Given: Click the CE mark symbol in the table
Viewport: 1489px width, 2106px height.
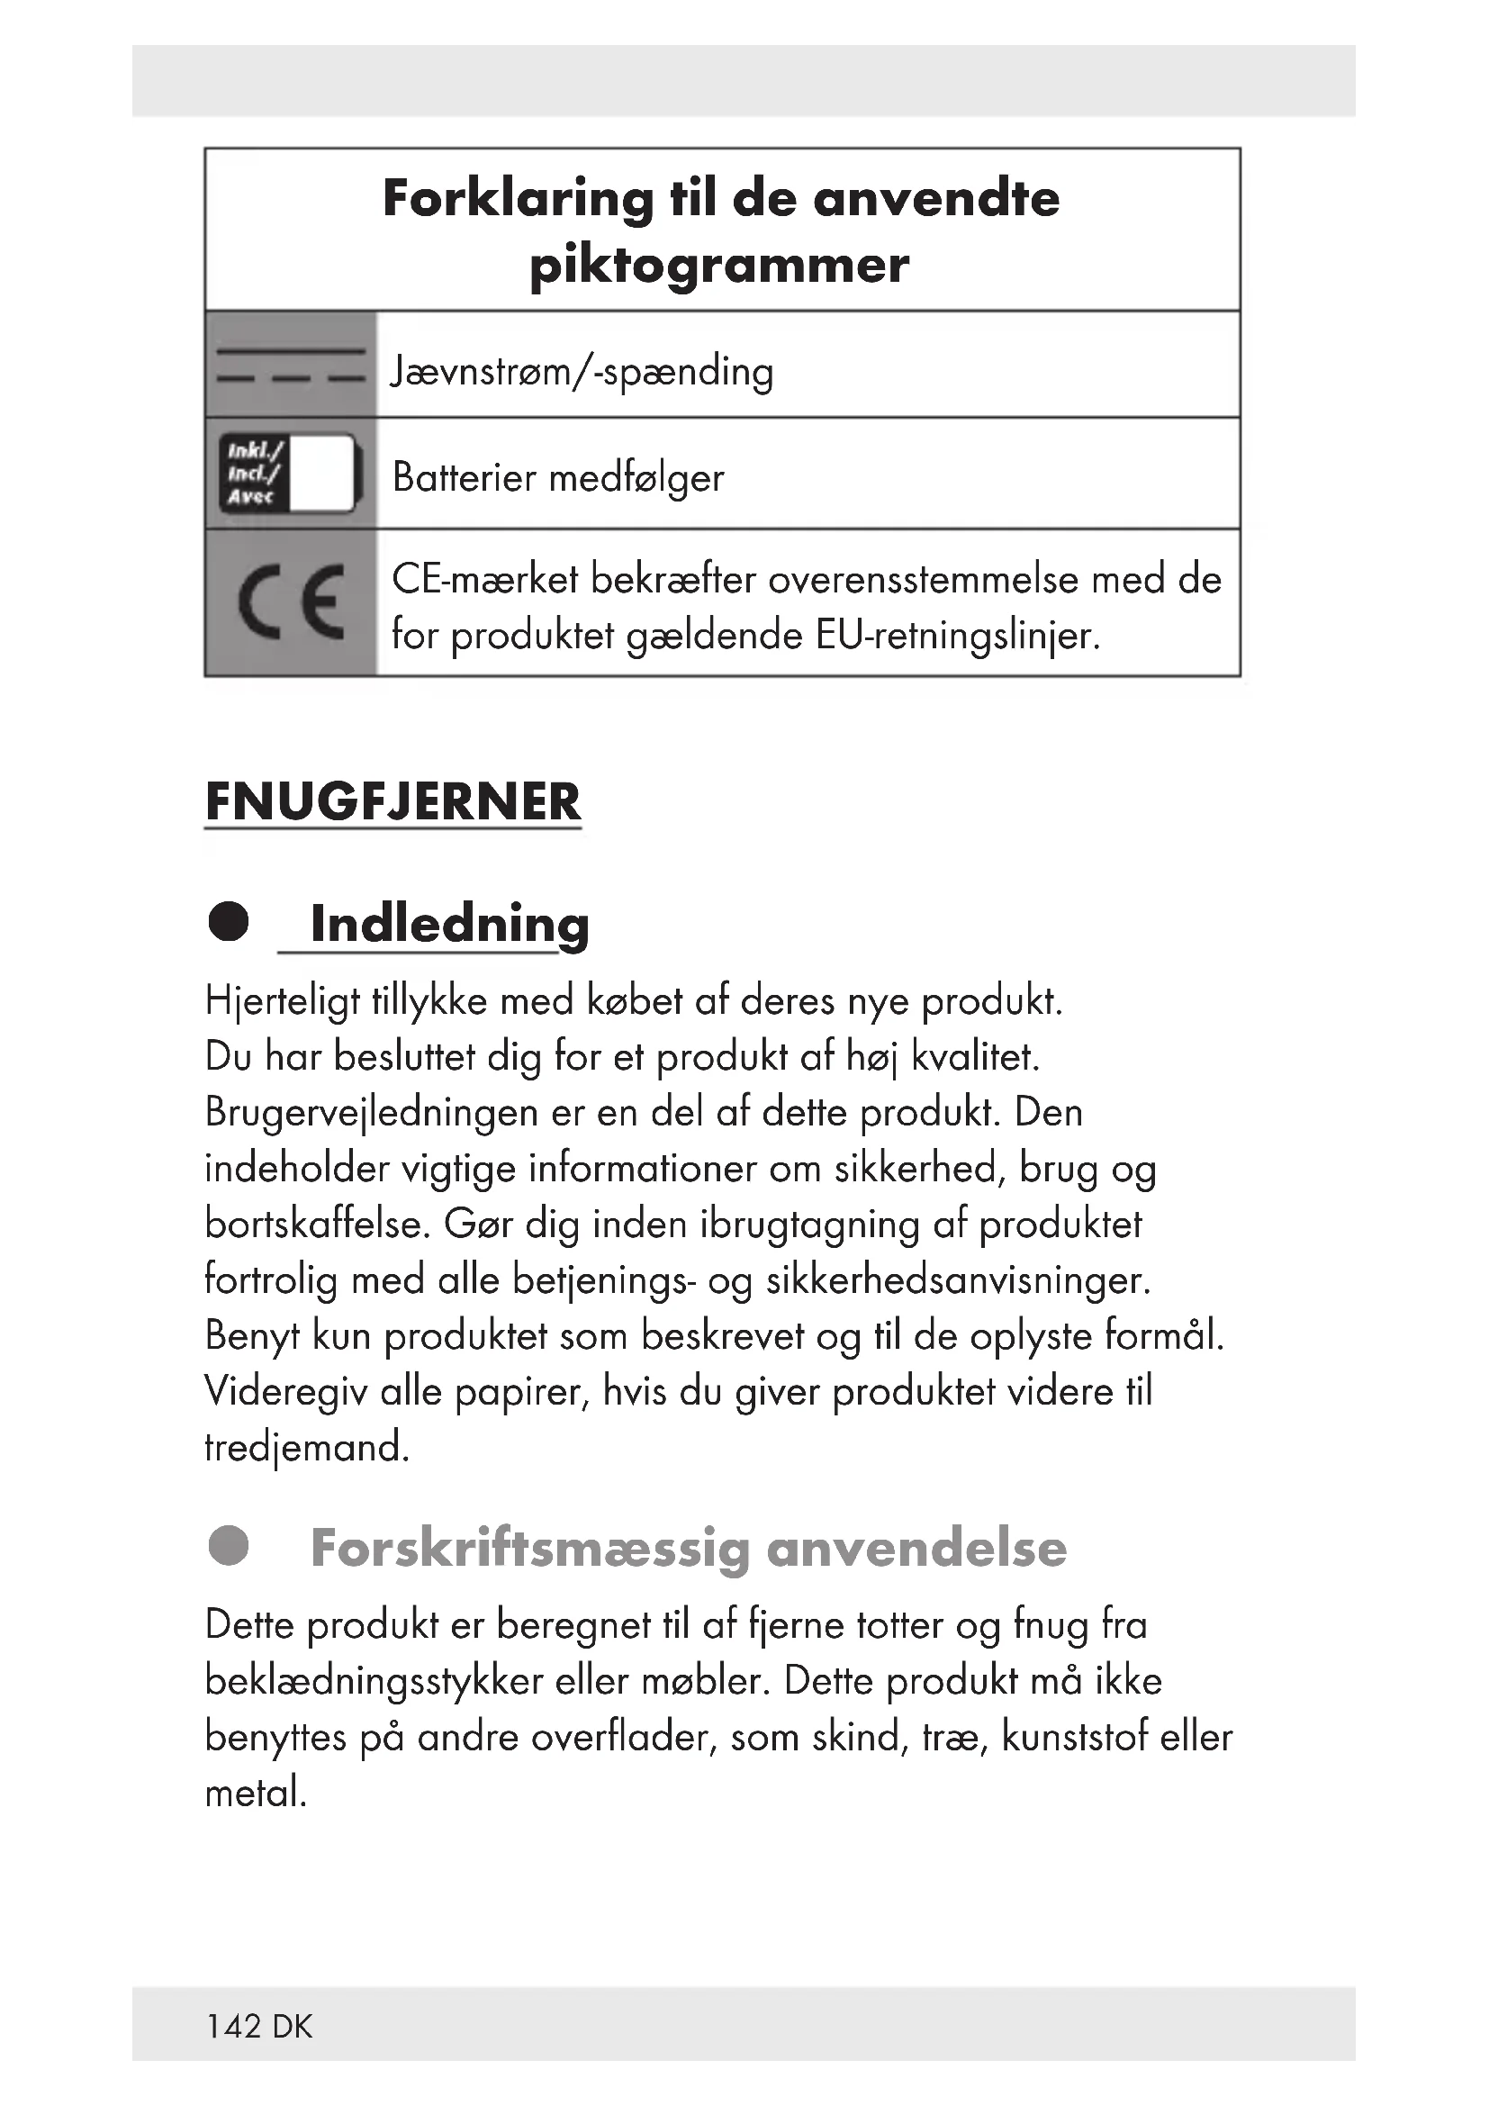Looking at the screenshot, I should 291,602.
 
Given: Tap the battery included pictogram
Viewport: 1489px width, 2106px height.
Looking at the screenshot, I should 290,474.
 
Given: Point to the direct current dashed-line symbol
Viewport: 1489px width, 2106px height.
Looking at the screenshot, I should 291,365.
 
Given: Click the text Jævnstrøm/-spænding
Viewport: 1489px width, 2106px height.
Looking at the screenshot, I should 582,372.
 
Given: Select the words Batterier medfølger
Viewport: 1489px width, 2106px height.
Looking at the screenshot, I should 557,478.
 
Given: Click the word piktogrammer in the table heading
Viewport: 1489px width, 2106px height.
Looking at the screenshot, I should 720,266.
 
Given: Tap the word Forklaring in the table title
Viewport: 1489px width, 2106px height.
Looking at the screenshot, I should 517,198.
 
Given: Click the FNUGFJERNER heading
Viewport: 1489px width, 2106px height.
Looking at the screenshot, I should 393,801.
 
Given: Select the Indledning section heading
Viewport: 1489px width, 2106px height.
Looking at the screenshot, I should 449,924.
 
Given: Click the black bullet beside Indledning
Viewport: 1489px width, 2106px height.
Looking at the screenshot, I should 229,922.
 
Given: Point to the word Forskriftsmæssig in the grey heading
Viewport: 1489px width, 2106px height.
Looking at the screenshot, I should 530,1549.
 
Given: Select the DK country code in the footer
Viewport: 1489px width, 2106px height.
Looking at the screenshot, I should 293,2026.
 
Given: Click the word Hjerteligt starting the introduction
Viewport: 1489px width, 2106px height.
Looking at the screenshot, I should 282,1000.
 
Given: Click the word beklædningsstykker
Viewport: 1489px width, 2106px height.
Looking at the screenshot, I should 375,1681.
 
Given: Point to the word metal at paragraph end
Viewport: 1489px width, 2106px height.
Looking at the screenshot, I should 255,1794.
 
